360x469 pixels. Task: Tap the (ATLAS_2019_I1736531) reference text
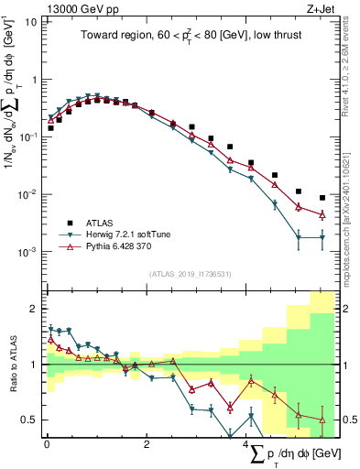click(189, 274)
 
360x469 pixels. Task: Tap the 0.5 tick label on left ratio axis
click(30, 420)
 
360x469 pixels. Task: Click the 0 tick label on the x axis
click(47, 444)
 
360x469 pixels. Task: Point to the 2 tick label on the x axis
click(147, 444)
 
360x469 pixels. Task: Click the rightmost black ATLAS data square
click(322, 198)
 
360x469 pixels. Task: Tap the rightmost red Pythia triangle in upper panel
click(322, 215)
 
